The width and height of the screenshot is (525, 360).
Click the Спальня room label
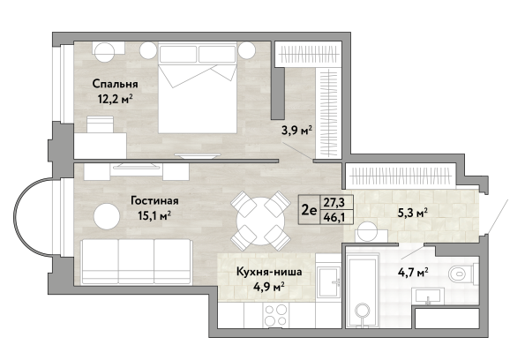pyautogui.click(x=116, y=84)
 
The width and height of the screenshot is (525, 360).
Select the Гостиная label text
pyautogui.click(x=154, y=201)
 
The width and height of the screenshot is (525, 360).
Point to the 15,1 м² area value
pyautogui.click(x=154, y=216)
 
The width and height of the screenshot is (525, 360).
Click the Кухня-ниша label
pyautogui.click(x=269, y=272)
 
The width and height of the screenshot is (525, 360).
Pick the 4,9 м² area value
pyautogui.click(x=269, y=287)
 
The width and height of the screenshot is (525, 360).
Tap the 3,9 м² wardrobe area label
pyautogui.click(x=297, y=130)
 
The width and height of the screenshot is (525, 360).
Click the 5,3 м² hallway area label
pyautogui.click(x=412, y=213)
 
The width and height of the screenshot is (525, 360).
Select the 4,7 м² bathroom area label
pyautogui.click(x=413, y=273)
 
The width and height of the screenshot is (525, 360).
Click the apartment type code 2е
pyautogui.click(x=309, y=210)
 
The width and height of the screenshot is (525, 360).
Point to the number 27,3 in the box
pyautogui.click(x=334, y=202)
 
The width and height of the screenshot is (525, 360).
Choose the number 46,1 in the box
pyautogui.click(x=334, y=218)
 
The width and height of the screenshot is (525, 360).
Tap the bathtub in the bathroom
pyautogui.click(x=364, y=289)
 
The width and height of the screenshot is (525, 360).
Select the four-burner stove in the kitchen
pyautogui.click(x=276, y=315)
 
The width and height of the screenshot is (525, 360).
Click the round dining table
pyautogui.click(x=261, y=221)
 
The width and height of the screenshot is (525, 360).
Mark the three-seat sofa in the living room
pyautogui.click(x=136, y=261)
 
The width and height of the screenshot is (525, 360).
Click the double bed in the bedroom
pyautogui.click(x=198, y=87)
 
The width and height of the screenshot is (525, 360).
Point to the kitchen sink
pyautogui.click(x=329, y=281)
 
